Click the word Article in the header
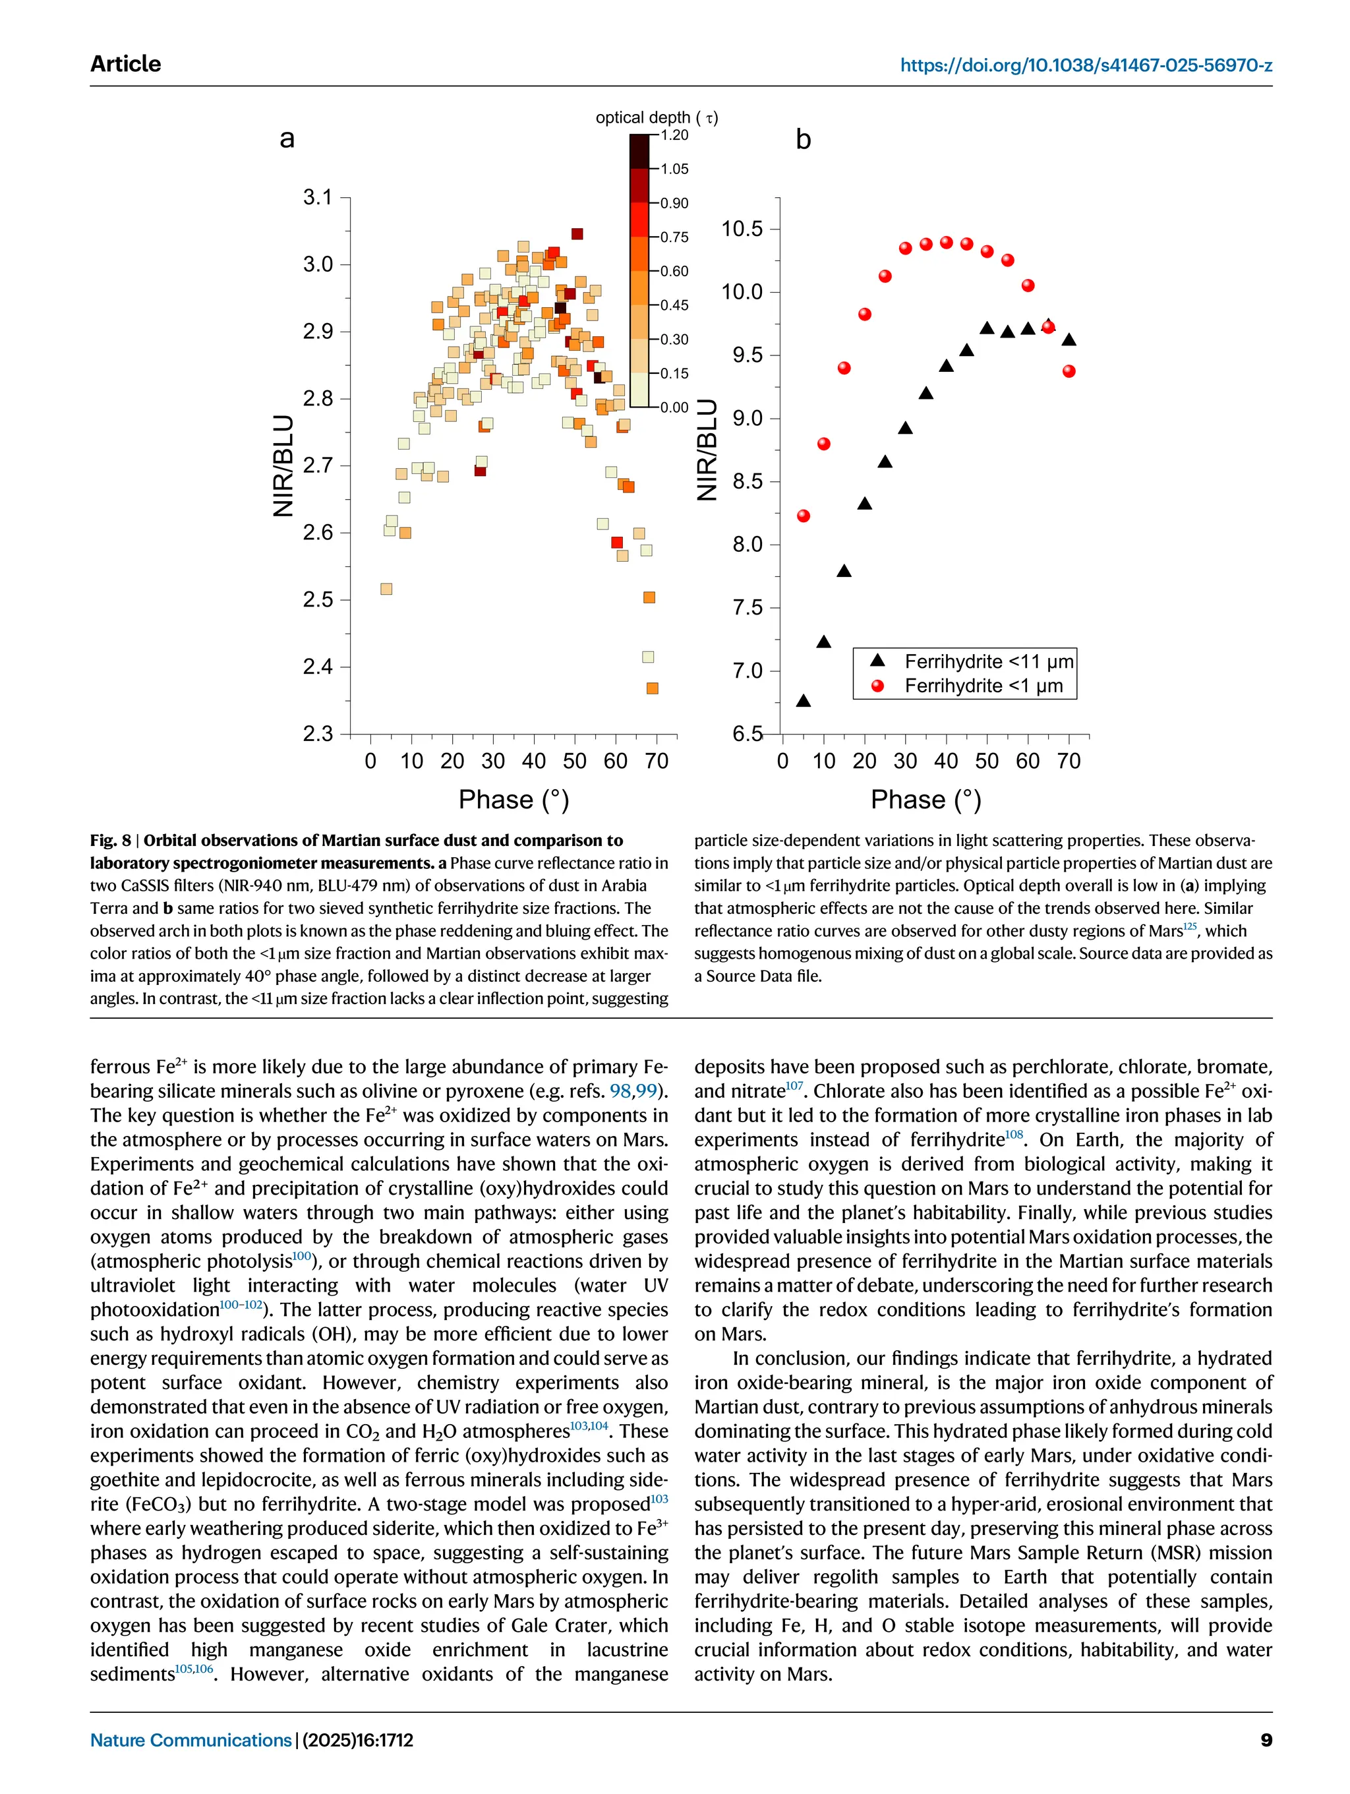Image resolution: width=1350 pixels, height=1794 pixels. [126, 64]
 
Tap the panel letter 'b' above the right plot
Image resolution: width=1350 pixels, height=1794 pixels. [803, 140]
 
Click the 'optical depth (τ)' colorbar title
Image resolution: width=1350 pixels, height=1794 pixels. [656, 117]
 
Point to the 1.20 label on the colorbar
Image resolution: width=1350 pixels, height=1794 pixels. [674, 135]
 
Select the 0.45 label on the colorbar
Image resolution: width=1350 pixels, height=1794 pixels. [674, 306]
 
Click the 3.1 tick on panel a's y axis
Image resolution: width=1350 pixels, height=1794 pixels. [317, 197]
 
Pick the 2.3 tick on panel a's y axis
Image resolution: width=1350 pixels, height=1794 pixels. [317, 734]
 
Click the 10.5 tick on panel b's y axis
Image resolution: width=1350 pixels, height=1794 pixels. [742, 229]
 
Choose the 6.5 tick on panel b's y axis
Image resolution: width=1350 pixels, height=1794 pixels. [747, 734]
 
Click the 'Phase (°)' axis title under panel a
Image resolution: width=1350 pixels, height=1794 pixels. [514, 800]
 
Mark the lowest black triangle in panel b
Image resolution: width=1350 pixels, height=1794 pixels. [804, 701]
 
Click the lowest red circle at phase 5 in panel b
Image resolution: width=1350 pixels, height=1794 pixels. [804, 516]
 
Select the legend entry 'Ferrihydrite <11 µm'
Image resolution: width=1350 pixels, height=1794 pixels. [988, 662]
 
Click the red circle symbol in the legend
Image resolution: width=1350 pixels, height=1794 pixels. [877, 686]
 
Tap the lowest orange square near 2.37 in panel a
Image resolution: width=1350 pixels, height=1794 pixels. [652, 688]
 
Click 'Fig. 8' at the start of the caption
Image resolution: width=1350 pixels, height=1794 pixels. [110, 840]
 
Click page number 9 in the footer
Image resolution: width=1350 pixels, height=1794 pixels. [1266, 1740]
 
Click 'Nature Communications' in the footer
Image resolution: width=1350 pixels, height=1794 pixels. [191, 1740]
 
